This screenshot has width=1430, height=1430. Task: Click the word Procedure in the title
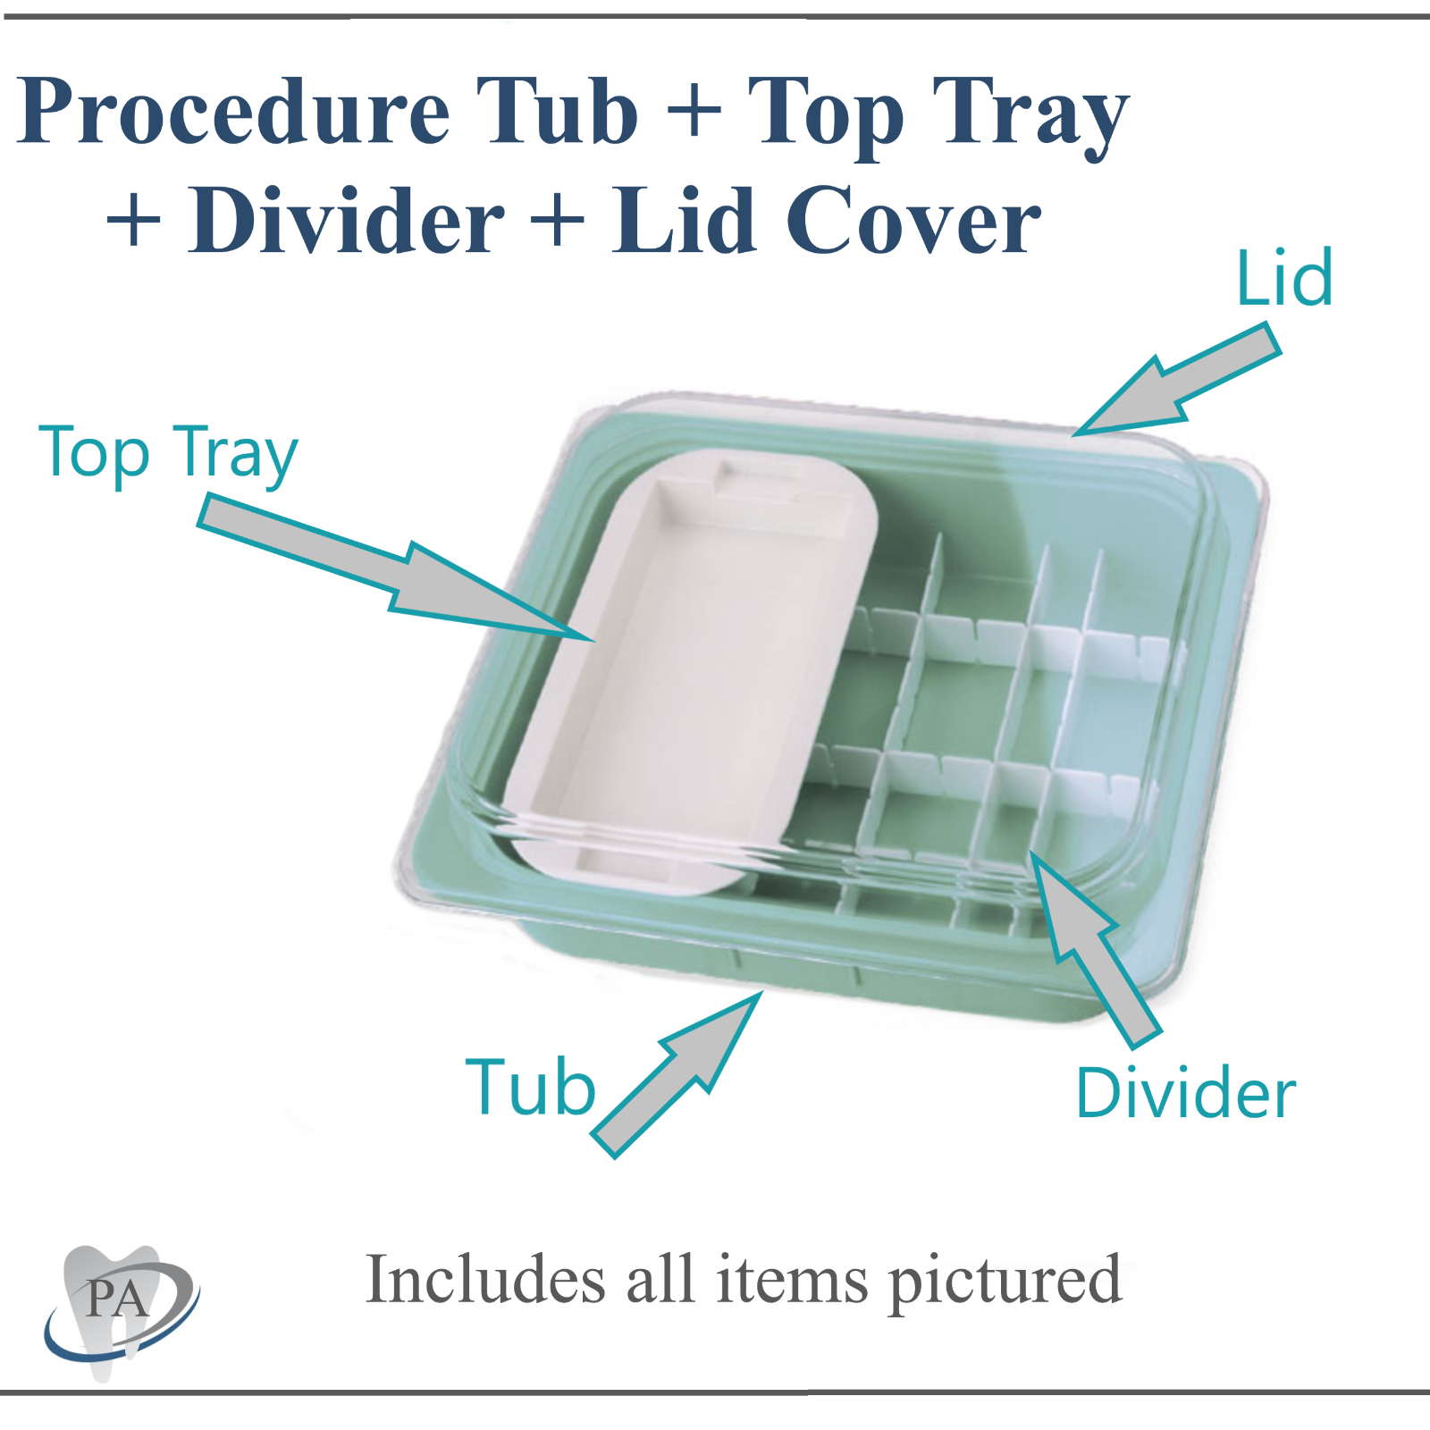(x=234, y=111)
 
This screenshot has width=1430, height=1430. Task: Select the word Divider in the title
(x=346, y=221)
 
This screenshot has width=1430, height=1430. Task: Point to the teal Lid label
(x=1284, y=279)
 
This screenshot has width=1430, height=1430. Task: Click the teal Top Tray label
(x=168, y=454)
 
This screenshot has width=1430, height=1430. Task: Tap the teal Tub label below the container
(x=530, y=1088)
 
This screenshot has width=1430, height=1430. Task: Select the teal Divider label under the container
(x=1185, y=1093)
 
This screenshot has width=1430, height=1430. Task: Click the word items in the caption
(x=792, y=1280)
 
